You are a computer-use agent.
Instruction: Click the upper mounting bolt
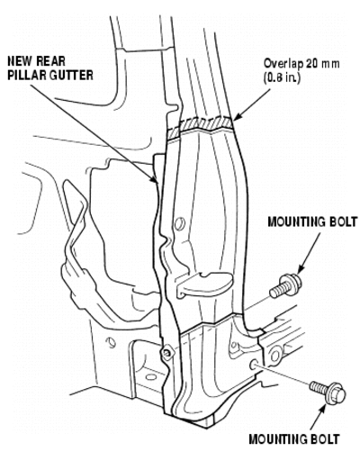click(x=285, y=285)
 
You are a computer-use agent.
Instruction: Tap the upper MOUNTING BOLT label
click(x=312, y=222)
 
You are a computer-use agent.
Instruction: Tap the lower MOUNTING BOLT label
click(x=294, y=439)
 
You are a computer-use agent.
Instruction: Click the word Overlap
click(x=283, y=64)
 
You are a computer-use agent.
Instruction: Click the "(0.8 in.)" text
click(x=282, y=78)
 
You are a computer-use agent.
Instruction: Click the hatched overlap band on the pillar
click(x=201, y=125)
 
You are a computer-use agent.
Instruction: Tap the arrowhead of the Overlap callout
click(x=237, y=117)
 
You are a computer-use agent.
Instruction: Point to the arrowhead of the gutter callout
click(x=154, y=179)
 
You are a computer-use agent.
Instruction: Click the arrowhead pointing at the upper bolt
click(x=300, y=270)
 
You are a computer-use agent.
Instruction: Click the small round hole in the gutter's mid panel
click(x=179, y=224)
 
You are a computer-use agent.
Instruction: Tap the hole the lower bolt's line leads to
click(x=254, y=365)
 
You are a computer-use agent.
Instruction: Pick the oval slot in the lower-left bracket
click(x=151, y=377)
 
